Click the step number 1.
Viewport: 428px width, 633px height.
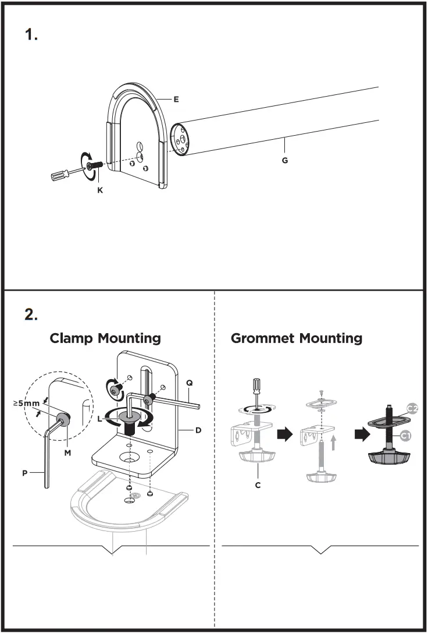pos(31,35)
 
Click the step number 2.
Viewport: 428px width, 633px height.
pos(31,315)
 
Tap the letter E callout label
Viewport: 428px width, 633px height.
pos(176,100)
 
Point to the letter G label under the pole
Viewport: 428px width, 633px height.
pos(285,160)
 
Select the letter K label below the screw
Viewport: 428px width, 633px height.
pos(100,190)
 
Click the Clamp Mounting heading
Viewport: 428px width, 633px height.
pos(105,338)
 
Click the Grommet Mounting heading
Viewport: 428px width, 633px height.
pos(297,338)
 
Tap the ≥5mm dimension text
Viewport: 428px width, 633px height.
pos(26,402)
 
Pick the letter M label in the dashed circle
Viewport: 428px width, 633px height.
pos(68,452)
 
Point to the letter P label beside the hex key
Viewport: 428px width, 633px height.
pos(25,473)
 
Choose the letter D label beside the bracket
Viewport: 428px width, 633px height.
pos(198,431)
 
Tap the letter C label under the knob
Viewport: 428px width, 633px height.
pos(258,485)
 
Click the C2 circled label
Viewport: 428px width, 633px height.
pos(412,408)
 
